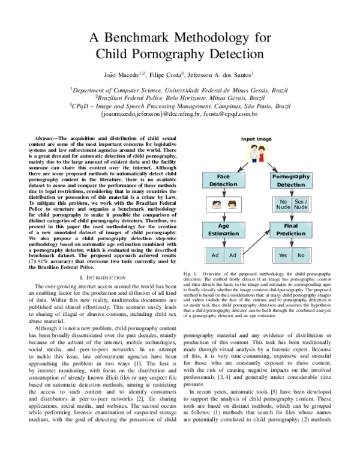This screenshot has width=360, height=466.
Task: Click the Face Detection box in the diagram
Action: coord(223,180)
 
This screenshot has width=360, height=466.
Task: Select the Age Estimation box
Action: coord(223,229)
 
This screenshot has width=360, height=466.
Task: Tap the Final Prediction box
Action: coord(292,229)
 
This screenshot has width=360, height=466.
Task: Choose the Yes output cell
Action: coord(283,255)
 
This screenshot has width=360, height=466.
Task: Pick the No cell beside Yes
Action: coord(301,255)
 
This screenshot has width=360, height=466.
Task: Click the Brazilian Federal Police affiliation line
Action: coord(180,96)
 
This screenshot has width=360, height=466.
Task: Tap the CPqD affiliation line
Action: coord(180,104)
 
